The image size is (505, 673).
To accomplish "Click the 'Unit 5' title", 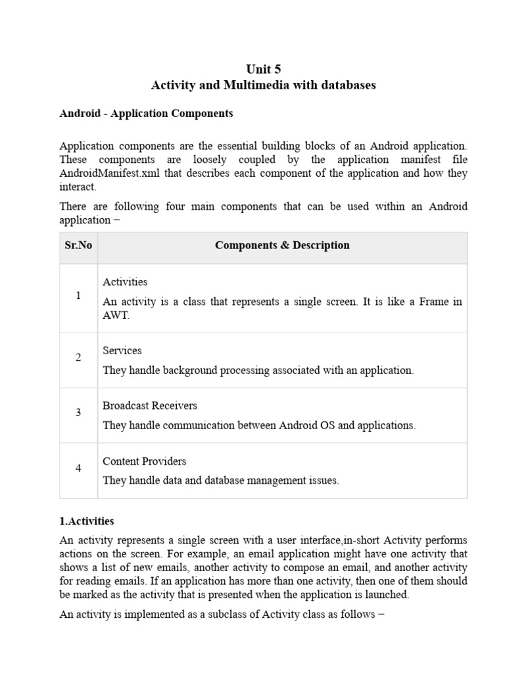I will [x=263, y=69].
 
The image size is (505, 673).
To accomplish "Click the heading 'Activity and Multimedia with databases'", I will [x=263, y=85].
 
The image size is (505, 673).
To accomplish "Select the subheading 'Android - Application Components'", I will [x=146, y=114].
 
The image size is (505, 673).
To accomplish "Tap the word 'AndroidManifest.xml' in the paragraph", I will [x=107, y=174].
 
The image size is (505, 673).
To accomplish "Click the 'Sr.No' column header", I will [x=78, y=246].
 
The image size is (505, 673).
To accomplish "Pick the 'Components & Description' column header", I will [x=282, y=246].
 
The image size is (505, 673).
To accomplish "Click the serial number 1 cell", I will [x=78, y=296].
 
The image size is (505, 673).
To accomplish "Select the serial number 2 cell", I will [x=78, y=358].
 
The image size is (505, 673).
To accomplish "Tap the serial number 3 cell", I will [x=78, y=413].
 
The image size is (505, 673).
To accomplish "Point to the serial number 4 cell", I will [x=78, y=469].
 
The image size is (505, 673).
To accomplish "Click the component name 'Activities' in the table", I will [x=125, y=282].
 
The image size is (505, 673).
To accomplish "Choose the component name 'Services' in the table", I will [x=122, y=351].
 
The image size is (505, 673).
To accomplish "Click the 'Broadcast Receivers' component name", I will [x=150, y=406].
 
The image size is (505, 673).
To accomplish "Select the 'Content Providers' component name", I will [x=145, y=461].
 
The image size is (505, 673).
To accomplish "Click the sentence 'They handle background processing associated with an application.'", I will [x=258, y=371].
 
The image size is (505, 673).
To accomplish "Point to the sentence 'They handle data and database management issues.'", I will [x=221, y=480].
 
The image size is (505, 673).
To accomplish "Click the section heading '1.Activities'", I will [x=87, y=521].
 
